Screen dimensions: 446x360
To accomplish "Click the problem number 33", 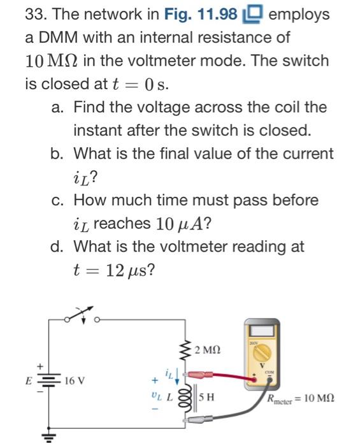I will tap(33, 13).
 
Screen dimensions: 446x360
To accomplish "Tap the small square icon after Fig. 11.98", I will tap(252, 14).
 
